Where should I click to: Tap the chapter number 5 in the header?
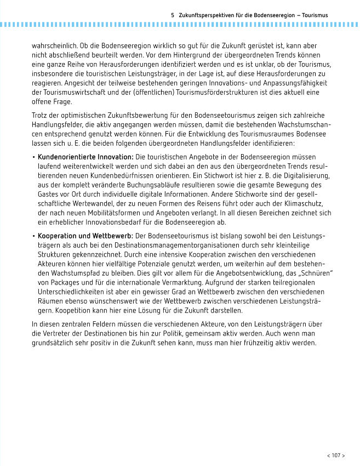(x=173, y=15)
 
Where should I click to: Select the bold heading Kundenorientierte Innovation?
(x=85, y=157)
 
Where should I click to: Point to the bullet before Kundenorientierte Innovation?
(x=34, y=157)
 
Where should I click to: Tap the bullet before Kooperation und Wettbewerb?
(x=34, y=236)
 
